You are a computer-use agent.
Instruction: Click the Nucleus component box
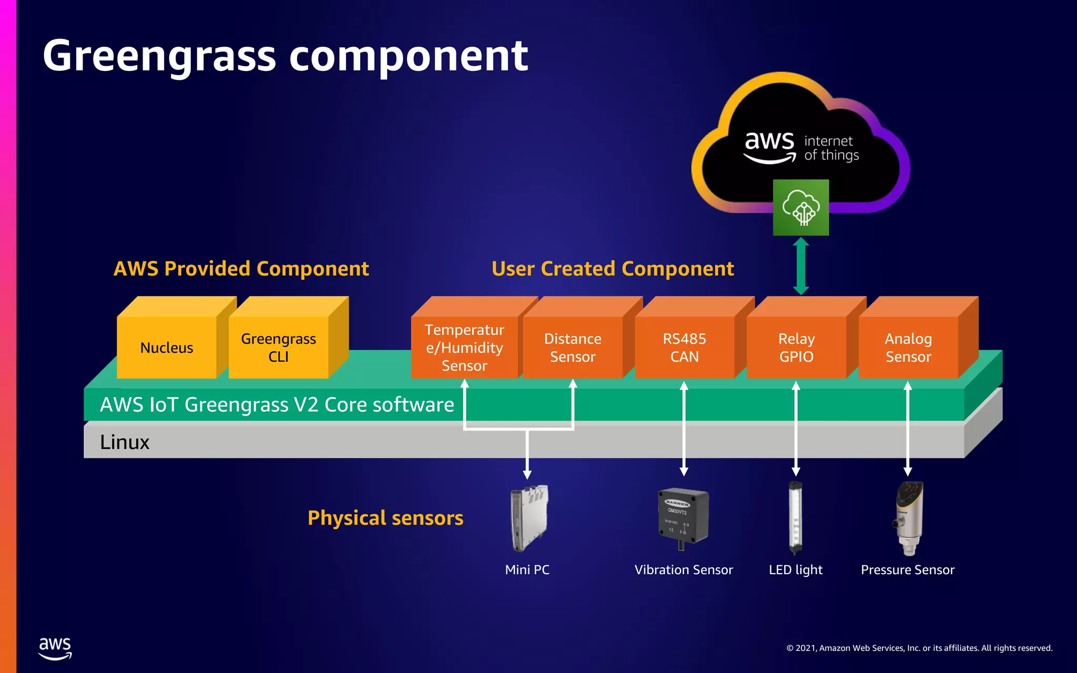coord(167,348)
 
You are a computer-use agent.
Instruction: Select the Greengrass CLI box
coord(279,348)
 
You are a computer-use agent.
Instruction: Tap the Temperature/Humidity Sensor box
coord(464,348)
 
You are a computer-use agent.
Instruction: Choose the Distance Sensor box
coord(573,348)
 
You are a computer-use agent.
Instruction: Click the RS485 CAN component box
coord(684,348)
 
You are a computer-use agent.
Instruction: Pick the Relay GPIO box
coord(796,348)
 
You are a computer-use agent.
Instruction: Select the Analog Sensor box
coord(908,348)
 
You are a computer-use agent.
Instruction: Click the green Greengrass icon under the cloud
coord(801,208)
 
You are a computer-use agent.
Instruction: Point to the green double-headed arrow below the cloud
coord(801,266)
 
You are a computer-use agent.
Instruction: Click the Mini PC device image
coord(529,518)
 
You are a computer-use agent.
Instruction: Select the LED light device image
coord(796,518)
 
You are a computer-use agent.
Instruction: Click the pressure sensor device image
coord(909,518)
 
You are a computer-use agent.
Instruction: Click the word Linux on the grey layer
coord(125,442)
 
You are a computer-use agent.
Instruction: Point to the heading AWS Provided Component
coord(241,269)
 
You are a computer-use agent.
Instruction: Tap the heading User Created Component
coord(613,269)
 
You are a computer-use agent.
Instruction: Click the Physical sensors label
coord(385,518)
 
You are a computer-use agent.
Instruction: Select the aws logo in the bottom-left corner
coord(55,648)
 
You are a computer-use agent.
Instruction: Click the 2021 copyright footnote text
coord(919,648)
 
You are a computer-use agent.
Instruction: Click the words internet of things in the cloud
coord(831,148)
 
